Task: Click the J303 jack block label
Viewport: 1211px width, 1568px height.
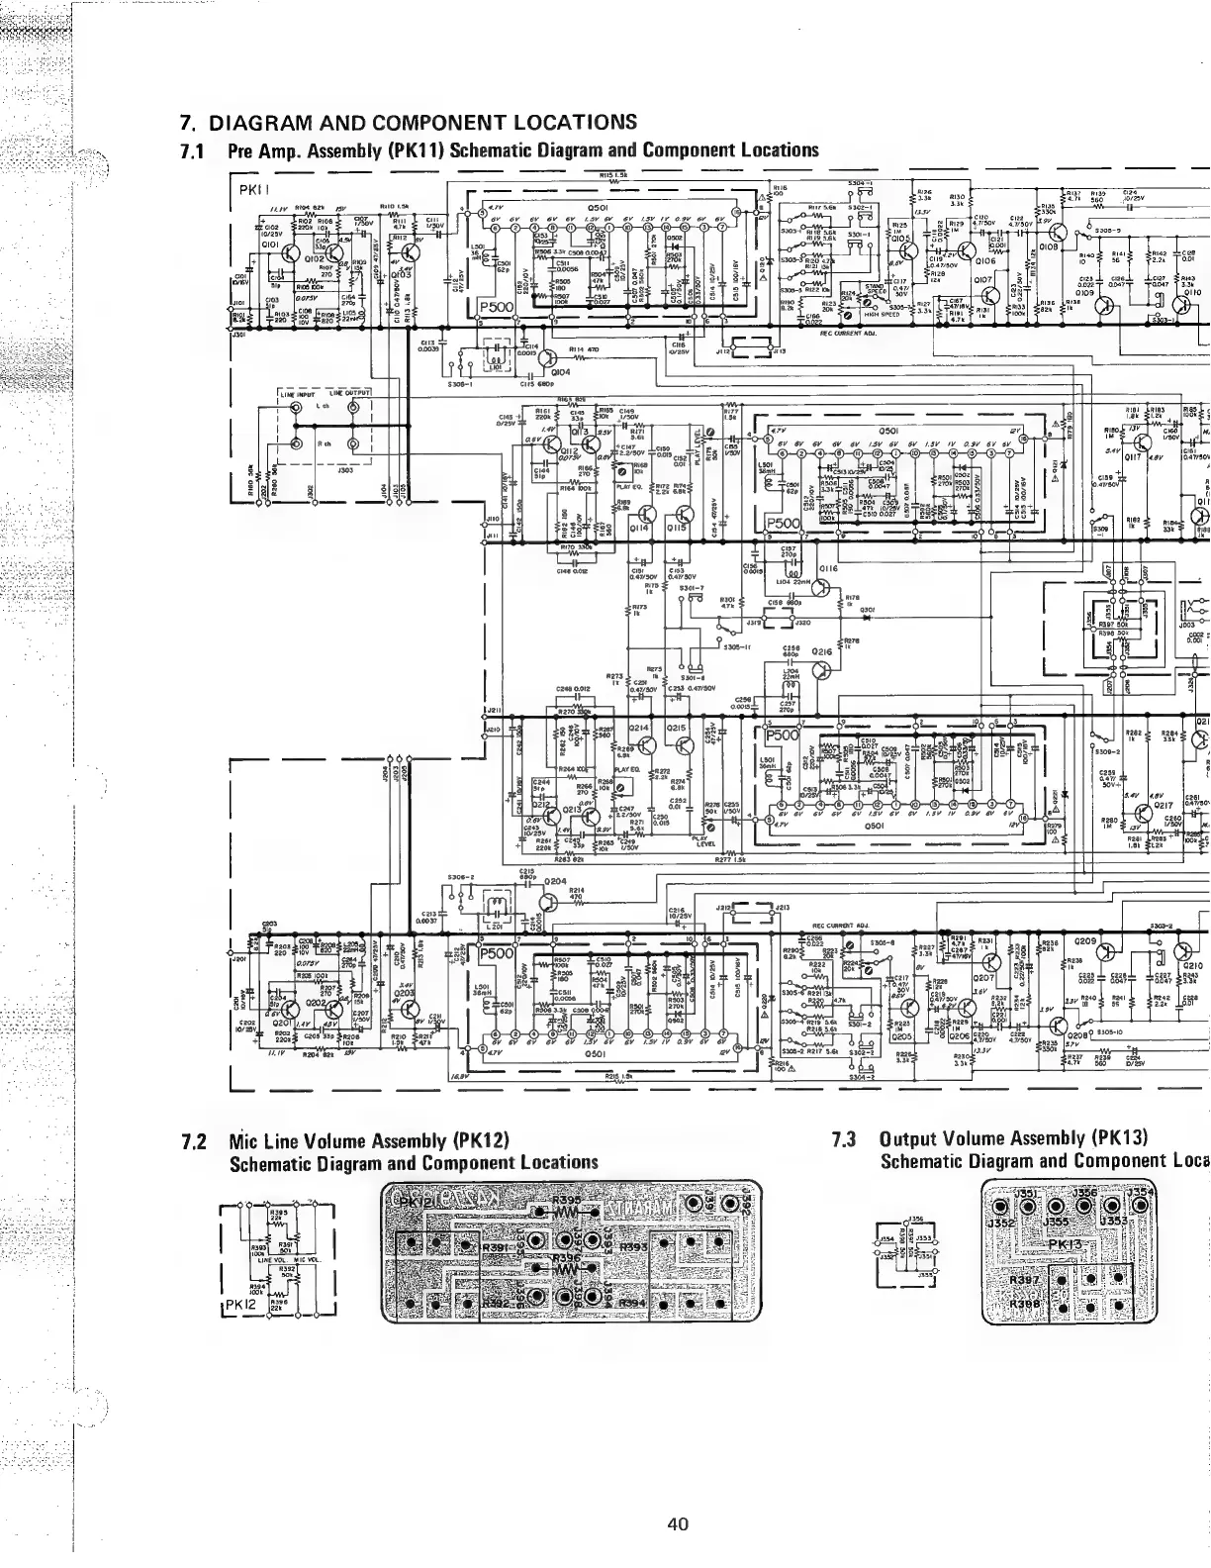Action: pyautogui.click(x=345, y=470)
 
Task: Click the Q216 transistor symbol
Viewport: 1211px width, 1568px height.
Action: pyautogui.click(x=822, y=669)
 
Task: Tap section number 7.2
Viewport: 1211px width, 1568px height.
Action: pyautogui.click(x=193, y=1139)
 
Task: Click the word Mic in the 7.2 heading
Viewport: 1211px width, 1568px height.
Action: pyautogui.click(x=241, y=1139)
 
